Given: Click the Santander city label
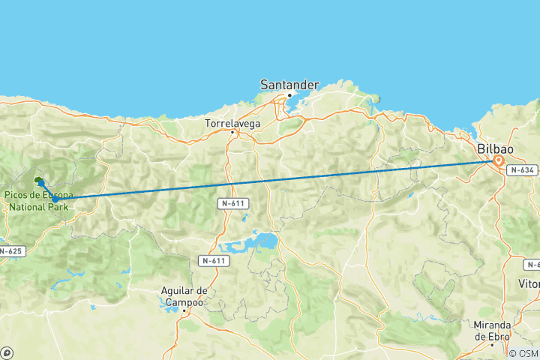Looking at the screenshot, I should tap(289, 85).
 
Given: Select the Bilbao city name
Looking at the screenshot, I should tap(496, 148).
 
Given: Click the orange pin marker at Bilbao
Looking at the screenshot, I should tap(498, 160).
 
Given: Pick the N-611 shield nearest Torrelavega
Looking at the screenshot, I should tap(234, 203).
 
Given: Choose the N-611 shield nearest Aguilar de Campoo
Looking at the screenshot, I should tap(214, 260).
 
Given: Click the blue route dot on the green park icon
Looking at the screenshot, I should tap(40, 182).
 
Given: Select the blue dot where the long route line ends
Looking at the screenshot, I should tap(55, 199).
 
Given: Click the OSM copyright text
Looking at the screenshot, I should tap(523, 353).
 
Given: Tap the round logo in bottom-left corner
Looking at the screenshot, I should tap(7, 352).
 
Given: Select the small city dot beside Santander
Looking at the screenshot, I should tap(289, 95).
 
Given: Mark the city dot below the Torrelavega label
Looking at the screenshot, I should tap(232, 133).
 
